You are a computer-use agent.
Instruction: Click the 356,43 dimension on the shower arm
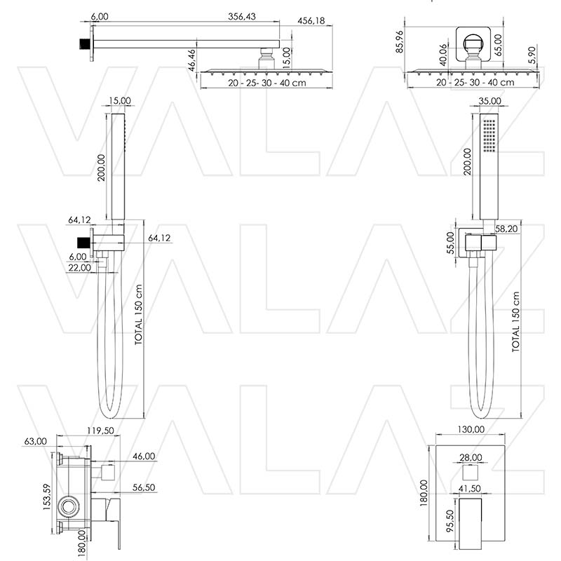pyautogui.click(x=243, y=17)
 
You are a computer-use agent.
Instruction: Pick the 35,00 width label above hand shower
pyautogui.click(x=489, y=101)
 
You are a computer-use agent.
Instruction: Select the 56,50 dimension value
pyautogui.click(x=144, y=487)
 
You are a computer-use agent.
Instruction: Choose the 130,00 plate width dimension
pyautogui.click(x=471, y=429)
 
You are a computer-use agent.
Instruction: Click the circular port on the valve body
pyautogui.click(x=69, y=505)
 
